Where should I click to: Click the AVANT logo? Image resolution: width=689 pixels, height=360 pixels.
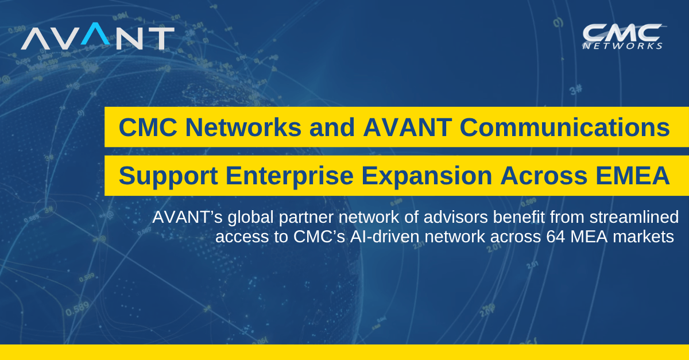pos(98,38)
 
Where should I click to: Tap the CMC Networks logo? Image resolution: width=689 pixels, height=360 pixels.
pos(622,36)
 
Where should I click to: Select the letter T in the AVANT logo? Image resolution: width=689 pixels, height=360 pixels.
pos(162,38)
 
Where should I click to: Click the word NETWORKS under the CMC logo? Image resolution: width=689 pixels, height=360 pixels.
pos(622,46)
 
